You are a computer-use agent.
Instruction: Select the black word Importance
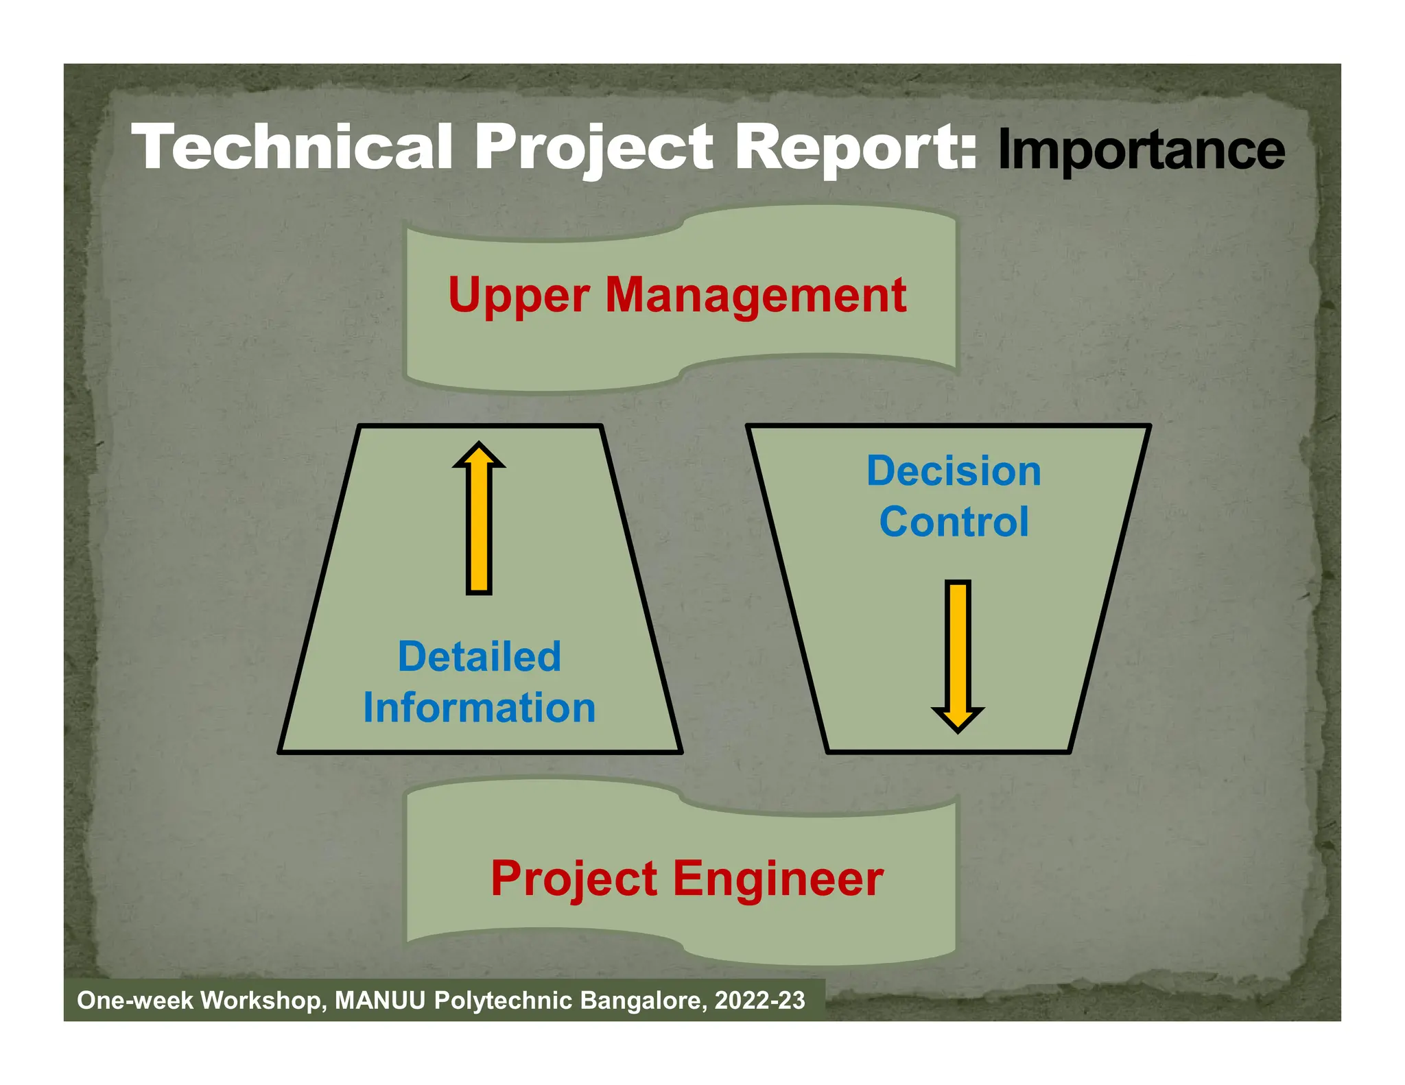(x=1140, y=150)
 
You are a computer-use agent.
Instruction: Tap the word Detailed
(x=479, y=656)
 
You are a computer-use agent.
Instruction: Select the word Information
(x=479, y=707)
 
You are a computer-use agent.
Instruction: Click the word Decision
(x=954, y=471)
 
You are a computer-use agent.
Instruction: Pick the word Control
(x=954, y=522)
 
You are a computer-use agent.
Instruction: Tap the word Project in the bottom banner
(x=574, y=880)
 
